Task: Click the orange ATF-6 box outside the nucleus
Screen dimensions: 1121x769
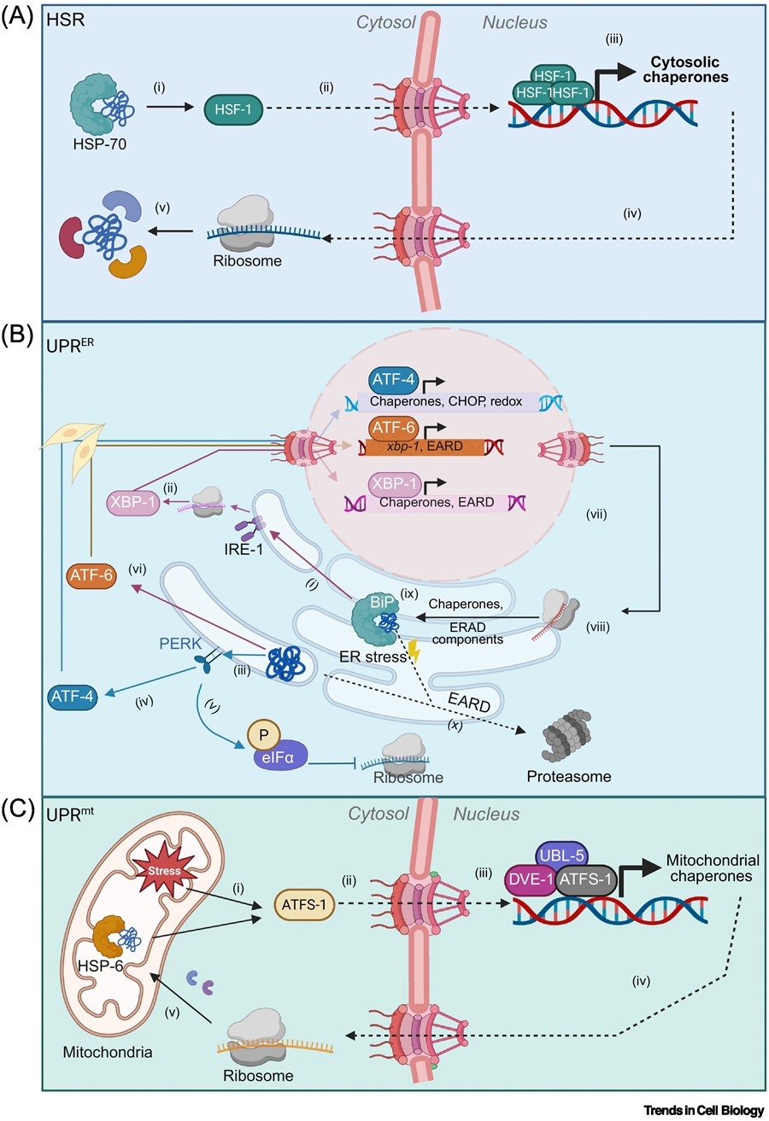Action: (x=90, y=578)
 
